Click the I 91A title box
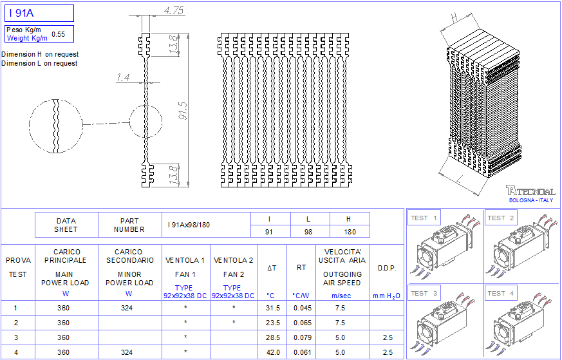pos(39,13)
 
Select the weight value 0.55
pos(58,34)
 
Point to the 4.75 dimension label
pos(174,10)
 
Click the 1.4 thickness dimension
pos(123,78)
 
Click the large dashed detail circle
pos(56,125)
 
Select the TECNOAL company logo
pos(530,191)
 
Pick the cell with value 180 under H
pos(350,231)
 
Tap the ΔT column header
pos(272,267)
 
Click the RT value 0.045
pos(302,308)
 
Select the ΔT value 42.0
pos(273,352)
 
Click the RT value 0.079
pos(302,337)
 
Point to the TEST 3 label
pos(424,293)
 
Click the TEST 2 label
pos(501,218)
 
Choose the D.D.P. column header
pos(387,267)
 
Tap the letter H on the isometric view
pos(454,16)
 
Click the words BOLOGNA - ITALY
pos(530,200)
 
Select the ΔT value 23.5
pos(273,323)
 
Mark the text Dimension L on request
pos(40,63)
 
